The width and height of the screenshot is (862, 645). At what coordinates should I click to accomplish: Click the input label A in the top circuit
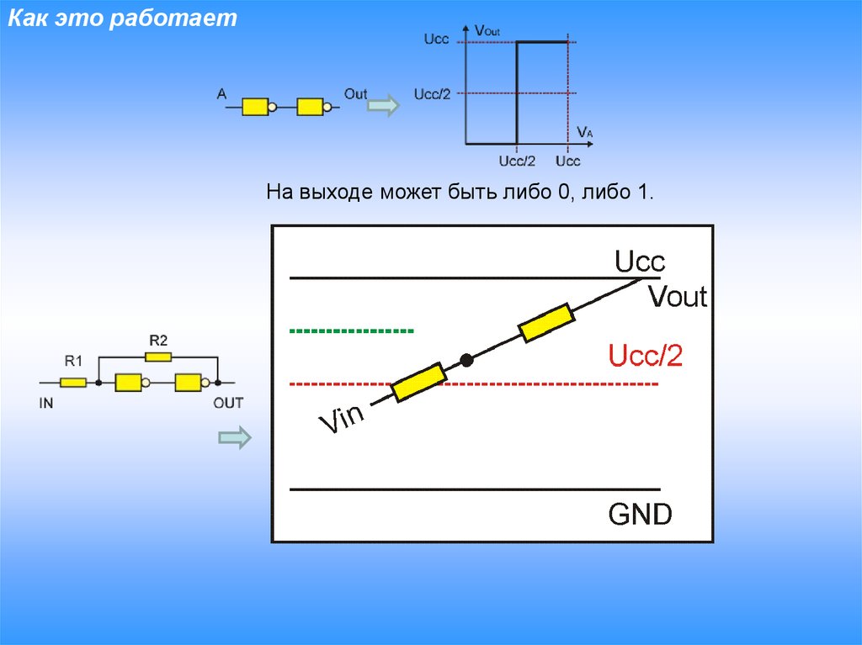pyautogui.click(x=222, y=95)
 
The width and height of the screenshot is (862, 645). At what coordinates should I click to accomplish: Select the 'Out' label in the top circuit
pyautogui.click(x=355, y=94)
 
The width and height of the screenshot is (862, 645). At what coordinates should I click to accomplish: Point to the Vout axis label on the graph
pyautogui.click(x=487, y=31)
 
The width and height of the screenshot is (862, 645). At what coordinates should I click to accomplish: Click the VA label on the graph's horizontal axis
pyautogui.click(x=585, y=132)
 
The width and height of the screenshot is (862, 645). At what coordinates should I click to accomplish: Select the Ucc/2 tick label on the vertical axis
pyautogui.click(x=433, y=93)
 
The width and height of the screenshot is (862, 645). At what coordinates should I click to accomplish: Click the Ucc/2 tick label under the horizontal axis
pyautogui.click(x=517, y=161)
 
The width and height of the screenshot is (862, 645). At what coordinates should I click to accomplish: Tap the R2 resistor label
pyautogui.click(x=158, y=341)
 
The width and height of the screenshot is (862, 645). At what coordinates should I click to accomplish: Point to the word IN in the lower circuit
pyautogui.click(x=46, y=403)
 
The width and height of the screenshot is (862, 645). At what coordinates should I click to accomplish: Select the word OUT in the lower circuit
pyautogui.click(x=227, y=403)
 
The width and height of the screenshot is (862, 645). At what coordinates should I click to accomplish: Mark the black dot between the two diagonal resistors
pyautogui.click(x=466, y=361)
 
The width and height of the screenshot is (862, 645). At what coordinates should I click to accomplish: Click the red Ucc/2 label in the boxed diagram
pyautogui.click(x=645, y=357)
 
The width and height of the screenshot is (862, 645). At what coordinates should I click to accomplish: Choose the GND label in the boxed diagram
pyautogui.click(x=641, y=514)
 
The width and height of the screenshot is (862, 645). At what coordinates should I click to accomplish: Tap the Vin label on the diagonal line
pyautogui.click(x=340, y=418)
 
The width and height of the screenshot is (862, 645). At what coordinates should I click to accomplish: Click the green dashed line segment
pyautogui.click(x=351, y=330)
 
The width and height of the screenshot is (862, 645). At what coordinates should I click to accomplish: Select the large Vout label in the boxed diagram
pyautogui.click(x=678, y=296)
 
